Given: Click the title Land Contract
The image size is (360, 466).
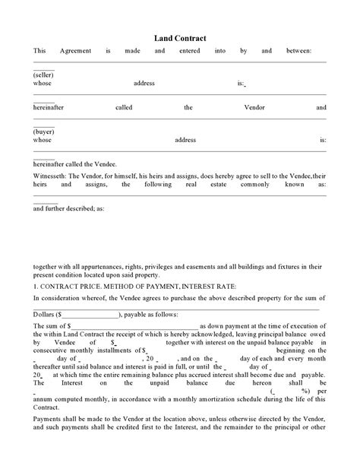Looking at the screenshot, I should coord(180,37).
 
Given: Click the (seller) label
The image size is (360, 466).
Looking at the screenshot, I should coord(43,77).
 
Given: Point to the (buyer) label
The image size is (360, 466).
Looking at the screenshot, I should coord(43,132).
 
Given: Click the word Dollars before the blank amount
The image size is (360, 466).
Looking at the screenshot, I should coord(44,314).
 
